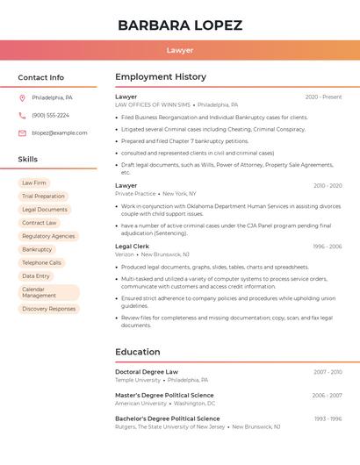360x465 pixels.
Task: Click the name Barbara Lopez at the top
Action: pos(180,25)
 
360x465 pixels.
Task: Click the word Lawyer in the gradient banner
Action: pos(180,50)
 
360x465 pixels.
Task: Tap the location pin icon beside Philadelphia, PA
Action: pos(22,97)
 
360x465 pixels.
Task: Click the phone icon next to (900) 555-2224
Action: pos(22,115)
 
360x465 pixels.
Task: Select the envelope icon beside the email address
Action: pos(22,133)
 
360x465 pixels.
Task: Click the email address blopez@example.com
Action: pos(60,133)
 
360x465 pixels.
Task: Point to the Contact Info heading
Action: pos(41,77)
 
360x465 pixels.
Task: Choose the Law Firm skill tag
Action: pos(34,183)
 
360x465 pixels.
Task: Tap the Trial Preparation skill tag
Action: pos(44,197)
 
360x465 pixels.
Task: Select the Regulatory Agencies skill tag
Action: pos(48,236)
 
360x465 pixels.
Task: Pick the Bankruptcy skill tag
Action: pos(37,249)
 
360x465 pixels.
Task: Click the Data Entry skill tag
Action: pos(36,275)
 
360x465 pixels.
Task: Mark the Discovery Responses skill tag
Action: pos(49,309)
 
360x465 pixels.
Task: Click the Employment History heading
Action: pos(161,77)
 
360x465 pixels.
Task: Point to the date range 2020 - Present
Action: pos(323,97)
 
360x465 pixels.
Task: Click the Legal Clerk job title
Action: pos(133,247)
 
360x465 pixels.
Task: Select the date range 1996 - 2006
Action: pos(327,247)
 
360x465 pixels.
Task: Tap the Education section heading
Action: pos(137,352)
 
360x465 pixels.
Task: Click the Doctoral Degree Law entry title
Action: pos(147,372)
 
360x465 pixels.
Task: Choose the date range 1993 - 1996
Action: pos(328,419)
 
